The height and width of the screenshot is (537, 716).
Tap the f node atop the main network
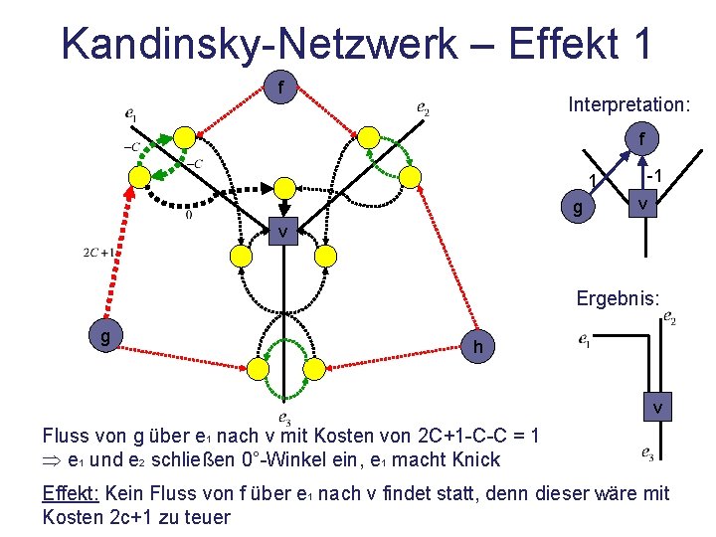coord(281,89)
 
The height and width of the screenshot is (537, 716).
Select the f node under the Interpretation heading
coord(642,137)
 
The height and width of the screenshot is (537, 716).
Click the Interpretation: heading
coord(628,103)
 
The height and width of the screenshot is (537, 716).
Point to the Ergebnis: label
coord(617,297)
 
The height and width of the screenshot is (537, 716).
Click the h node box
coord(479,347)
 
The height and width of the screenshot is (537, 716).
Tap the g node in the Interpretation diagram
coord(578,210)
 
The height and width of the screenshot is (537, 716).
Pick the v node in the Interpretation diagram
coord(643,205)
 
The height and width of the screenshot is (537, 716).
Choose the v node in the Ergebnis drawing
coord(657,409)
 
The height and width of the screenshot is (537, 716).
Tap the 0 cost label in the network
coord(189,213)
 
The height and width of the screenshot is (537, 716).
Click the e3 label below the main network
coord(284,419)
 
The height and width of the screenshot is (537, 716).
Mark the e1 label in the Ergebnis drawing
coord(587,341)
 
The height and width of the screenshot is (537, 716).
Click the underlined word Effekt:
coord(70,492)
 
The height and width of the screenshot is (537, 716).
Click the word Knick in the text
coord(477,459)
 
